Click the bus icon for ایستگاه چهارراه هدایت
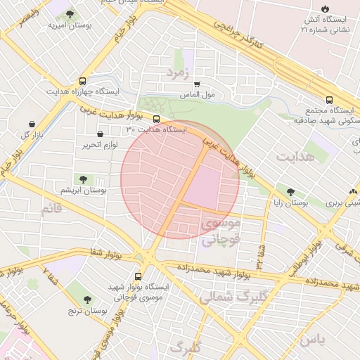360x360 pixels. pos(84,81)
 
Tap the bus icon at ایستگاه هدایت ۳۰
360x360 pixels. pos(156,119)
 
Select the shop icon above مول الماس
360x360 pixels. pos(197,84)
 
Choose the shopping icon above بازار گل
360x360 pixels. pos(32,124)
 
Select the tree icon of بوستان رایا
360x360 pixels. pos(290,191)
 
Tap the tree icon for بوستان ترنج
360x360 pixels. pos(86,300)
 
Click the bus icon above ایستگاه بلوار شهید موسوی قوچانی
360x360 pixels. pos(137,276)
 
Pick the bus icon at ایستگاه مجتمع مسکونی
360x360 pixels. pos(330,100)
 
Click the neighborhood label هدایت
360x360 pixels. pos(293,156)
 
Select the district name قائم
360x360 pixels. pos(56,209)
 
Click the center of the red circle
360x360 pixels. pos(180,179)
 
